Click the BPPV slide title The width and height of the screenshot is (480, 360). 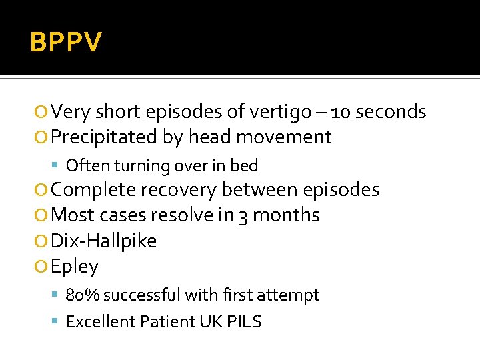[x=66, y=43]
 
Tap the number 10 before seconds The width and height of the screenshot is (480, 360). [x=340, y=111]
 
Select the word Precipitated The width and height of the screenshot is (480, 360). [x=105, y=137]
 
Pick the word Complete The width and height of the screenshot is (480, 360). [x=95, y=190]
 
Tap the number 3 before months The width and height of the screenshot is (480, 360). [x=241, y=215]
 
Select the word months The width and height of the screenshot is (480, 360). [x=286, y=215]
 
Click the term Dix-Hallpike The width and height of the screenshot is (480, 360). [x=104, y=241]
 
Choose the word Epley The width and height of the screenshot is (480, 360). [x=75, y=267]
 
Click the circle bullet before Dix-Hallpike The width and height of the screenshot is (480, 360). [x=43, y=241]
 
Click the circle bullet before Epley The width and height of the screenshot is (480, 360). [x=43, y=267]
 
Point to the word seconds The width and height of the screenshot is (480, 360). [x=391, y=111]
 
